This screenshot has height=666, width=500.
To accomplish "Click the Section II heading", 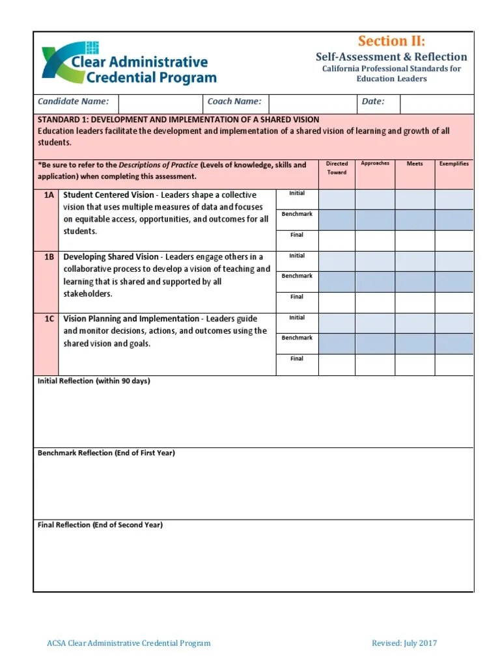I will tap(391, 42).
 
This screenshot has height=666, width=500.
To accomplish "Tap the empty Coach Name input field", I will tap(312, 103).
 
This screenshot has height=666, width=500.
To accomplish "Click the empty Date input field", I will tap(436, 103).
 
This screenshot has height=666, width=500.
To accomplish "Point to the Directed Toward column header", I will tap(337, 168).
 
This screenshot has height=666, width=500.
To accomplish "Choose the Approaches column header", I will tap(375, 164).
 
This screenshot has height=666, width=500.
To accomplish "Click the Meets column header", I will tap(415, 164).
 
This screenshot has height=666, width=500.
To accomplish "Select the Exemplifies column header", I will tap(454, 164).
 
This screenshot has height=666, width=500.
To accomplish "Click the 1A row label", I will tap(48, 195).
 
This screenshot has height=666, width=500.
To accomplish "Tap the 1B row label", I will tap(48, 258).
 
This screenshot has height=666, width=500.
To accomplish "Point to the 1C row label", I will tap(48, 319).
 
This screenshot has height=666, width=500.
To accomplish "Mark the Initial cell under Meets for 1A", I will tap(415, 199).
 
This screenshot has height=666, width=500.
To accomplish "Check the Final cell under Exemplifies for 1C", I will tap(454, 364).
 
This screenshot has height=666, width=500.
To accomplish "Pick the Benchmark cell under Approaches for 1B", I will tap(375, 282).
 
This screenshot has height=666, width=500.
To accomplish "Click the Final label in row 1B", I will tap(297, 297).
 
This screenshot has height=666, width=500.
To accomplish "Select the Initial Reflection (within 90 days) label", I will tap(94, 381).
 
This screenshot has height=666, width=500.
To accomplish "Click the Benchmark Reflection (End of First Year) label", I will tap(107, 453).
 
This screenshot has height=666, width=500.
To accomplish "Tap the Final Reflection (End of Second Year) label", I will tap(100, 525).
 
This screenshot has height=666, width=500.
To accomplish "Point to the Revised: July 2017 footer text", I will tap(404, 643).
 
